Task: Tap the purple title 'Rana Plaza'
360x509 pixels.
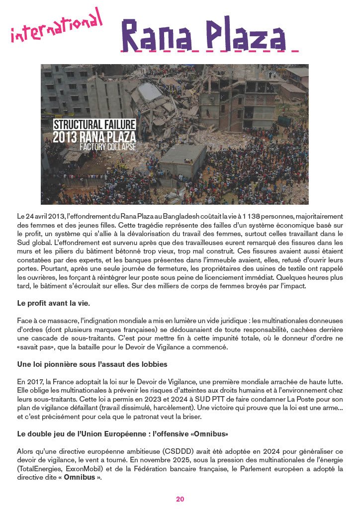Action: [204, 35]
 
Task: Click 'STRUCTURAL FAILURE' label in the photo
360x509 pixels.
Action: [94, 124]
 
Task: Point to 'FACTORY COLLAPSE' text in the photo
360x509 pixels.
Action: [108, 147]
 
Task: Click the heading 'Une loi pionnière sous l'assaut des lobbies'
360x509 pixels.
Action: [92, 364]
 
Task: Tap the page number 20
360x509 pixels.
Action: [180, 499]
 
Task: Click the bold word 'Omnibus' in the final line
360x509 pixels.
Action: [80, 478]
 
